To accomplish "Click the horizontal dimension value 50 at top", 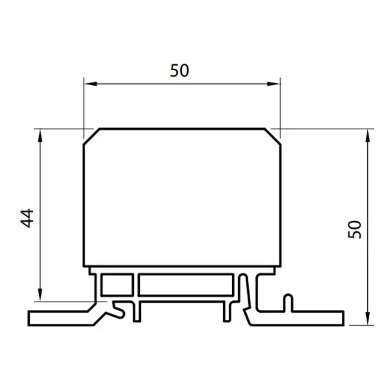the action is tap(179, 70).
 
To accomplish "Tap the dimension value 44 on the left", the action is tap(27, 218).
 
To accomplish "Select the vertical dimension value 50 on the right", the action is tap(354, 229).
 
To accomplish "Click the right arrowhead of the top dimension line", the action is tap(274, 84).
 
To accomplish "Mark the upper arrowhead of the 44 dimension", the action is tap(40, 136).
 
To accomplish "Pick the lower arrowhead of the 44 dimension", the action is tap(40, 294).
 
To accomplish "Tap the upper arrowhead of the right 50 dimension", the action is tap(368, 136).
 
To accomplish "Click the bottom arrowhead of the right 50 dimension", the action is tap(368, 318).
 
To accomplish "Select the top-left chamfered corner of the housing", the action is tap(92, 136).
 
